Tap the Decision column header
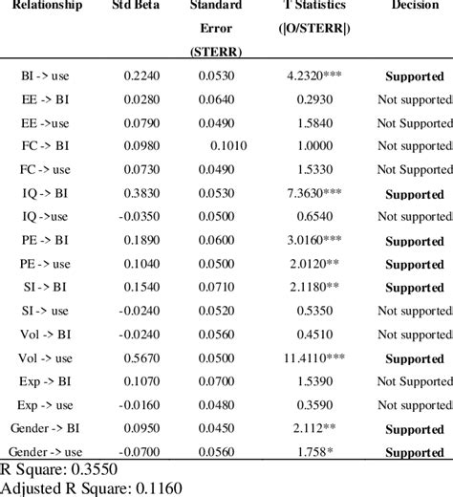[415, 6]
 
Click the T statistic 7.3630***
[316, 192]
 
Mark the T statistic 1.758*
[316, 450]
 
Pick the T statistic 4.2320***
[316, 76]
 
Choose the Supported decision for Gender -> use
[415, 451]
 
